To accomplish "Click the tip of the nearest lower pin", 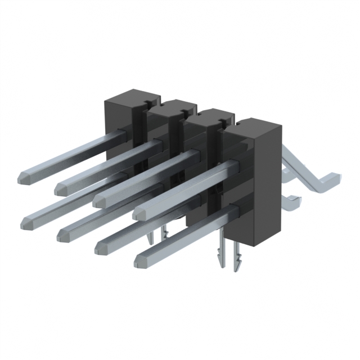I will (x=139, y=260).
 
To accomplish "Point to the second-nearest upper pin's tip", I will (x=100, y=200).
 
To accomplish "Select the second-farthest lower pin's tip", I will (x=62, y=235).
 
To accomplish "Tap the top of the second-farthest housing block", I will (x=169, y=106).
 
